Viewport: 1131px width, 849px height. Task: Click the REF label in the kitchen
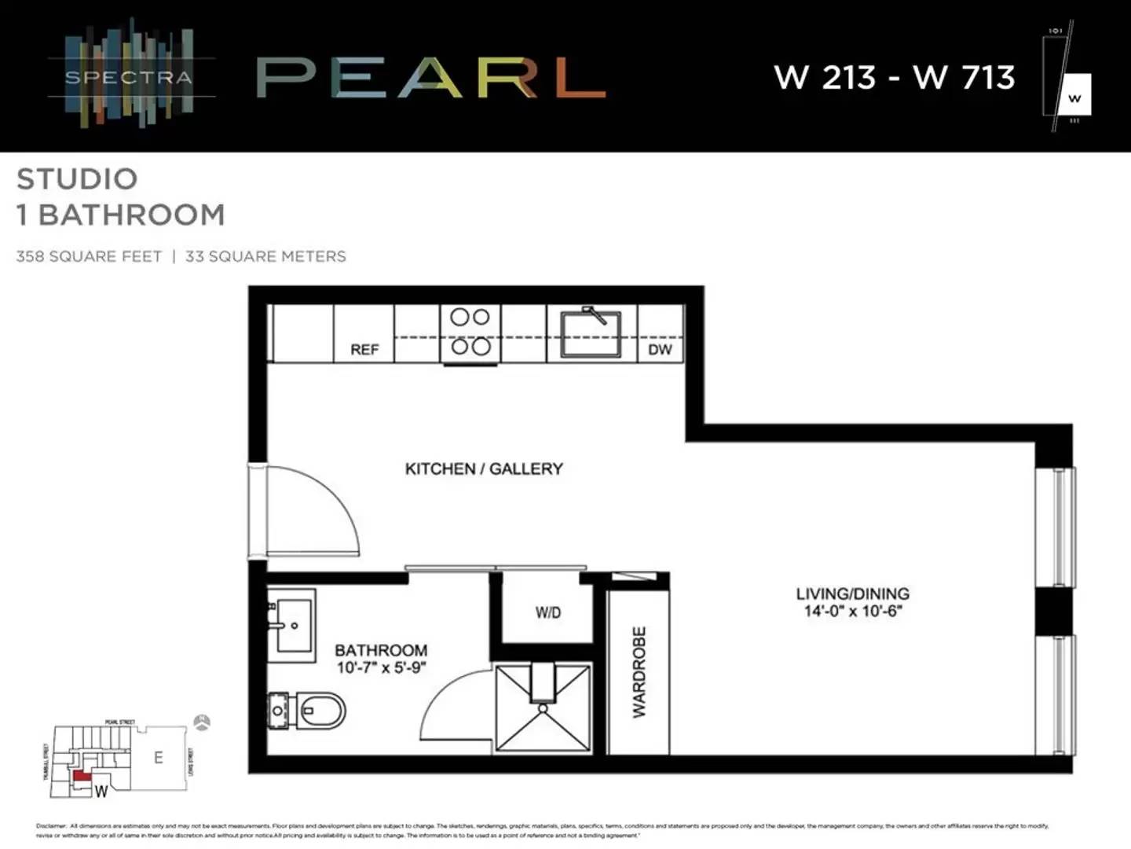point(364,349)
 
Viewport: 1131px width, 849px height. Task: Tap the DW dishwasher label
point(660,349)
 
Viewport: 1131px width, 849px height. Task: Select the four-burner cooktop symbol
point(470,331)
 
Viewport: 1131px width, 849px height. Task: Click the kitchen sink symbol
point(591,333)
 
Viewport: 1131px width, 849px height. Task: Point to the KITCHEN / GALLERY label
point(484,469)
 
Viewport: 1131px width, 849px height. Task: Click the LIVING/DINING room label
point(852,594)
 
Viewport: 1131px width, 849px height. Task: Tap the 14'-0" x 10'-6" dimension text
point(853,612)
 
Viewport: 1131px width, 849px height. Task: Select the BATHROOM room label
point(381,650)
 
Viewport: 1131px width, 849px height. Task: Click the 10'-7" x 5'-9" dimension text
point(381,667)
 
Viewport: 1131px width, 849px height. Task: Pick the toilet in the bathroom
point(310,711)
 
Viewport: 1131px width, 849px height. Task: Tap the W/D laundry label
point(548,612)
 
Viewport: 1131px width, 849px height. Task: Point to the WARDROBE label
point(639,671)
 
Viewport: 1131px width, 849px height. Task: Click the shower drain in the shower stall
point(542,707)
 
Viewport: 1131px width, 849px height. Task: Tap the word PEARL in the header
point(430,77)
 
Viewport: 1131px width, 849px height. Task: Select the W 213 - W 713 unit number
point(895,77)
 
